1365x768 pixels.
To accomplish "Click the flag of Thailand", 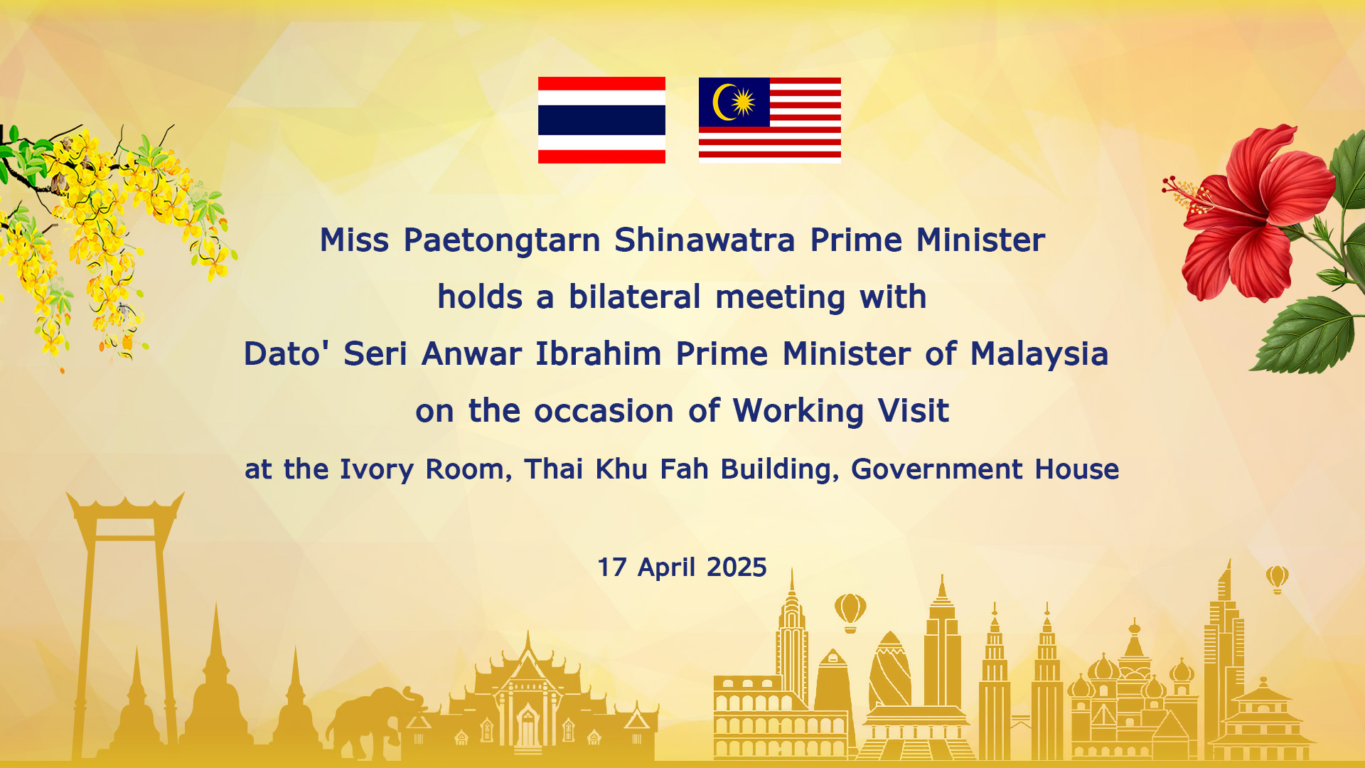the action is (x=601, y=120).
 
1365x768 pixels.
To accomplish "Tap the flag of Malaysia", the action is (x=770, y=120).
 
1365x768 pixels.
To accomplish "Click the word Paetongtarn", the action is (x=502, y=240).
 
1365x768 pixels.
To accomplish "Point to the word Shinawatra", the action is (x=705, y=240).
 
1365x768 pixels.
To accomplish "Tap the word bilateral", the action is (x=635, y=297).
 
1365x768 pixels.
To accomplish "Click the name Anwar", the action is (x=471, y=353).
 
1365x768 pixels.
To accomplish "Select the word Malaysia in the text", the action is (x=1039, y=354).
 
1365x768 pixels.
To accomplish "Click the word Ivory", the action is (x=377, y=469).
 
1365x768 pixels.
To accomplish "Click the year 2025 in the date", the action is (x=737, y=567).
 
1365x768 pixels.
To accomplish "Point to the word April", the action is (x=667, y=567).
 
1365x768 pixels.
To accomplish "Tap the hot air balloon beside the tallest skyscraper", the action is (x=1278, y=579).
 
